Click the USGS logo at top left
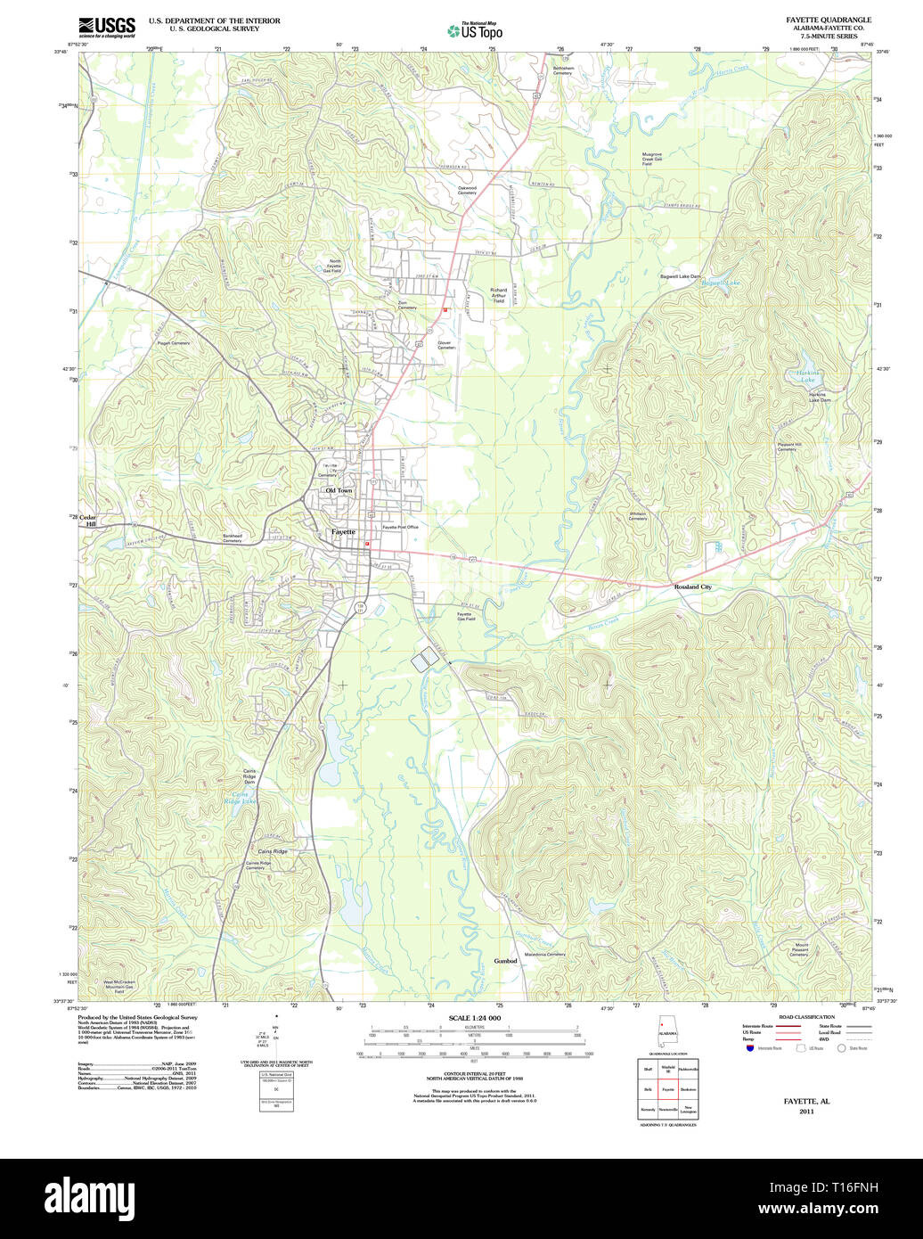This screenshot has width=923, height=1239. pyautogui.click(x=106, y=27)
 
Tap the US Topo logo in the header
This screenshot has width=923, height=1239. pyautogui.click(x=475, y=30)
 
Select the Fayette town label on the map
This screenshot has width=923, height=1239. pyautogui.click(x=343, y=531)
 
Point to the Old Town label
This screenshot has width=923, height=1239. pyautogui.click(x=339, y=490)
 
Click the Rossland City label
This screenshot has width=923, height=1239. pyautogui.click(x=692, y=587)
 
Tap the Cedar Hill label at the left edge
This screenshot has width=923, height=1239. pyautogui.click(x=88, y=521)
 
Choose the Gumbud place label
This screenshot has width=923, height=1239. pyautogui.click(x=505, y=961)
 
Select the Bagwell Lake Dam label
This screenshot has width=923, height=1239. pyautogui.click(x=680, y=276)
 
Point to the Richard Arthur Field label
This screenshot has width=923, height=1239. pyautogui.click(x=498, y=295)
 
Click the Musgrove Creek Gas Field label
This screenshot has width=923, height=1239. pyautogui.click(x=653, y=159)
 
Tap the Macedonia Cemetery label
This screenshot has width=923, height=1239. pyautogui.click(x=545, y=955)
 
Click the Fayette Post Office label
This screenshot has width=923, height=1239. pyautogui.click(x=400, y=527)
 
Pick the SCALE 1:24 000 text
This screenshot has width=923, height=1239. pyautogui.click(x=474, y=1018)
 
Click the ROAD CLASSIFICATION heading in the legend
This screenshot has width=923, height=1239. pyautogui.click(x=806, y=1017)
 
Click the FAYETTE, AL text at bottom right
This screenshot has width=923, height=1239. pyautogui.click(x=806, y=1102)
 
